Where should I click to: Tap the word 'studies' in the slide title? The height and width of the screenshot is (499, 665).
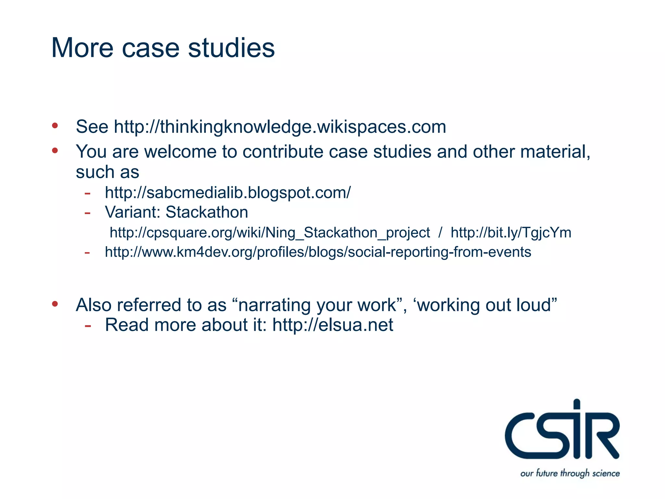[x=231, y=48]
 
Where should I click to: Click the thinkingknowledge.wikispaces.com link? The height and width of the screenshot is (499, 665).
[x=280, y=127]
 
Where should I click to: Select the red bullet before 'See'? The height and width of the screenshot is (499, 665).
[x=55, y=125]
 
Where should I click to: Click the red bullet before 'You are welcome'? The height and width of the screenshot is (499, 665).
[x=55, y=150]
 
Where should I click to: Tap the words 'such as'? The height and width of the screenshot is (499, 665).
[x=107, y=172]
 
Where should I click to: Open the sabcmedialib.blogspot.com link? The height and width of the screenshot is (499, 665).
[x=228, y=193]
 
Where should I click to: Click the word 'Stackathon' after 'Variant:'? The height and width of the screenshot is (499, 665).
[x=207, y=212]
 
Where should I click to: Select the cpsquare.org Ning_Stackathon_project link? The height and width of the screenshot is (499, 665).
[x=270, y=233]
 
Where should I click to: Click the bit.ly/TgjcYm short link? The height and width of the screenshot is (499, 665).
[x=511, y=233]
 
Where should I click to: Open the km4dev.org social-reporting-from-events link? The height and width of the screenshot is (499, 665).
[x=318, y=252]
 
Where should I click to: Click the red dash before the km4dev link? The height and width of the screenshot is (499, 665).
[x=87, y=252]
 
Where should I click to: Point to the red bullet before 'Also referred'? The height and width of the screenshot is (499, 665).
[x=55, y=304]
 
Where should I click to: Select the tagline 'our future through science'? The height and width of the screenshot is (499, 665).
[x=570, y=473]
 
